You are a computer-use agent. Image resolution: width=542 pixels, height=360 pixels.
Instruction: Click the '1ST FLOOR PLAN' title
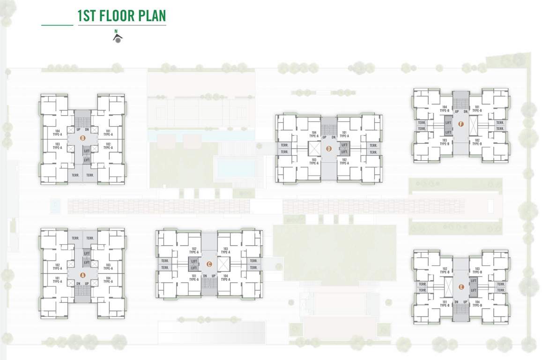point(121,16)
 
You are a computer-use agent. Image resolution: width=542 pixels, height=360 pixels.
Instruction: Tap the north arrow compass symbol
point(118,38)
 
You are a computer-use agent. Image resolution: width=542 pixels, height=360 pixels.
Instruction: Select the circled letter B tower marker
point(82,138)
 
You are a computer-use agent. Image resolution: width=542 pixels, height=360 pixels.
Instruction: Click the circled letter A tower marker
point(83,275)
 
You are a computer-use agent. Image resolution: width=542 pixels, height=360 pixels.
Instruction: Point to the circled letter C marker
point(209,264)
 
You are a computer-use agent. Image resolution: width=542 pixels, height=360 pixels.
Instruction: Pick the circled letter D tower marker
point(329,149)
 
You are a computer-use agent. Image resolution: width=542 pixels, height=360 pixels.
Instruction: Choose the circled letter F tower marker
point(461,124)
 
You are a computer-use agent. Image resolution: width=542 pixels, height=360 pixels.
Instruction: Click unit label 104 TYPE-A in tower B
point(57,133)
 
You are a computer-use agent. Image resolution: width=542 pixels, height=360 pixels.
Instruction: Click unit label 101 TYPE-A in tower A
point(57,280)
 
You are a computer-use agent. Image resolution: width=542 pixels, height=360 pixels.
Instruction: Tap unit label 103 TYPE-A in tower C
point(225,250)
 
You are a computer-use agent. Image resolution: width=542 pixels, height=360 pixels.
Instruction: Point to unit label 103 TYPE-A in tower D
point(314,162)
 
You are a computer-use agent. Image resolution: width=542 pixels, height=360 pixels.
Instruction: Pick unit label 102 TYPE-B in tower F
point(477,142)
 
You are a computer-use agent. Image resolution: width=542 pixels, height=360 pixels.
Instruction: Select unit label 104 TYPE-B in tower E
point(477,303)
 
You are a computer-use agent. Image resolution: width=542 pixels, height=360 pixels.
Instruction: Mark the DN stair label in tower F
point(465,111)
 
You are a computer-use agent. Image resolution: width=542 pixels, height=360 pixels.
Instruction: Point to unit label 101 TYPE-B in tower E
point(445,303)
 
